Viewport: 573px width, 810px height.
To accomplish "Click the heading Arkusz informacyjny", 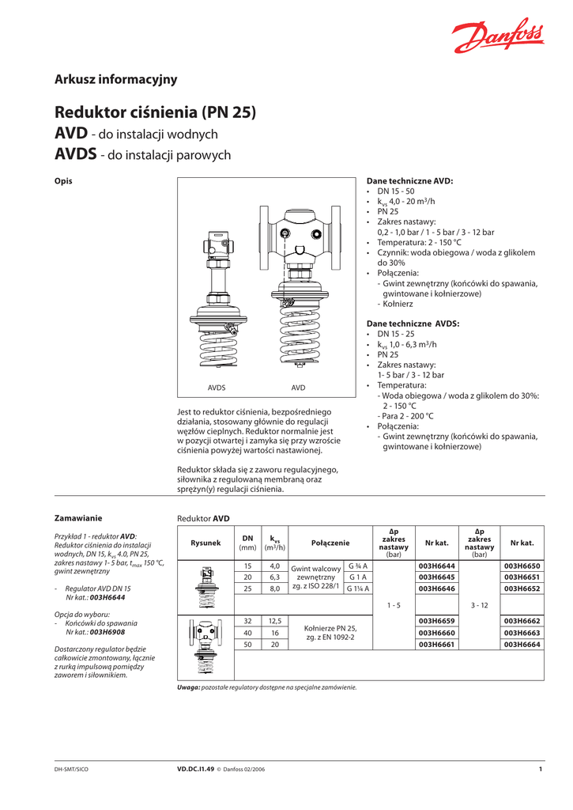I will tap(115, 79).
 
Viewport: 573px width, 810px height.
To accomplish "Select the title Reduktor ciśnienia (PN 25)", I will tap(155, 112).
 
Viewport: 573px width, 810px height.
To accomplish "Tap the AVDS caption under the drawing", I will tap(217, 388).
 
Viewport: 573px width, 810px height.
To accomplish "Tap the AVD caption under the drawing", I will tap(298, 388).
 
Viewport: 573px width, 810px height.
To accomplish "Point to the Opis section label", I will tap(63, 181).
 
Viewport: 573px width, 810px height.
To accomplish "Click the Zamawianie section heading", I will tap(78, 518).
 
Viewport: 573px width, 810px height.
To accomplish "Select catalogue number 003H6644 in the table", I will tap(437, 566).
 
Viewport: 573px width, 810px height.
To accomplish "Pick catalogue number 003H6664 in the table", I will tap(522, 645).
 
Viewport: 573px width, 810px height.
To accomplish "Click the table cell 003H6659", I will tap(437, 621).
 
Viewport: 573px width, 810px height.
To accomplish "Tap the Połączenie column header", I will tap(330, 543).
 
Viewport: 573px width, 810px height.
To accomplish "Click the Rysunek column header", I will tap(205, 543).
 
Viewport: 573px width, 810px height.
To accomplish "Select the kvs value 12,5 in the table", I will tap(275, 621).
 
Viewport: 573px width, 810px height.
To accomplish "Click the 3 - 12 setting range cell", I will tap(479, 605).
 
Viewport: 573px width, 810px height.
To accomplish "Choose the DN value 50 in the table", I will tap(247, 645).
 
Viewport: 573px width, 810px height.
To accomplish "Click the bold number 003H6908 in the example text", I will tap(107, 633).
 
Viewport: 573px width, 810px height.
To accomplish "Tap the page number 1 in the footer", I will tap(540, 769).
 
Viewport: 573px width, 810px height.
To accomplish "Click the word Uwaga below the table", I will tap(189, 687).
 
